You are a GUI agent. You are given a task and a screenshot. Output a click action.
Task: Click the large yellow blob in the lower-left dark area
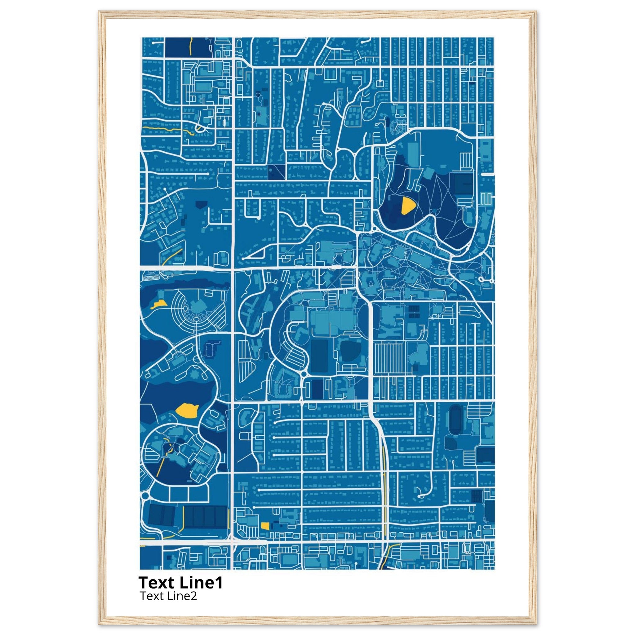click(x=187, y=411)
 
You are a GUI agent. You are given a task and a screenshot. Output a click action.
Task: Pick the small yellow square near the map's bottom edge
click(x=265, y=526)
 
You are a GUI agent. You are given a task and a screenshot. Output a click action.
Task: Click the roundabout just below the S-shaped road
click(x=303, y=374)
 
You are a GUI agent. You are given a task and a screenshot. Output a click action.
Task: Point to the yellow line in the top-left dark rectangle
click(x=191, y=46)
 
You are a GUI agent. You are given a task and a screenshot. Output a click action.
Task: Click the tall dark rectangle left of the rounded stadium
click(x=319, y=356)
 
